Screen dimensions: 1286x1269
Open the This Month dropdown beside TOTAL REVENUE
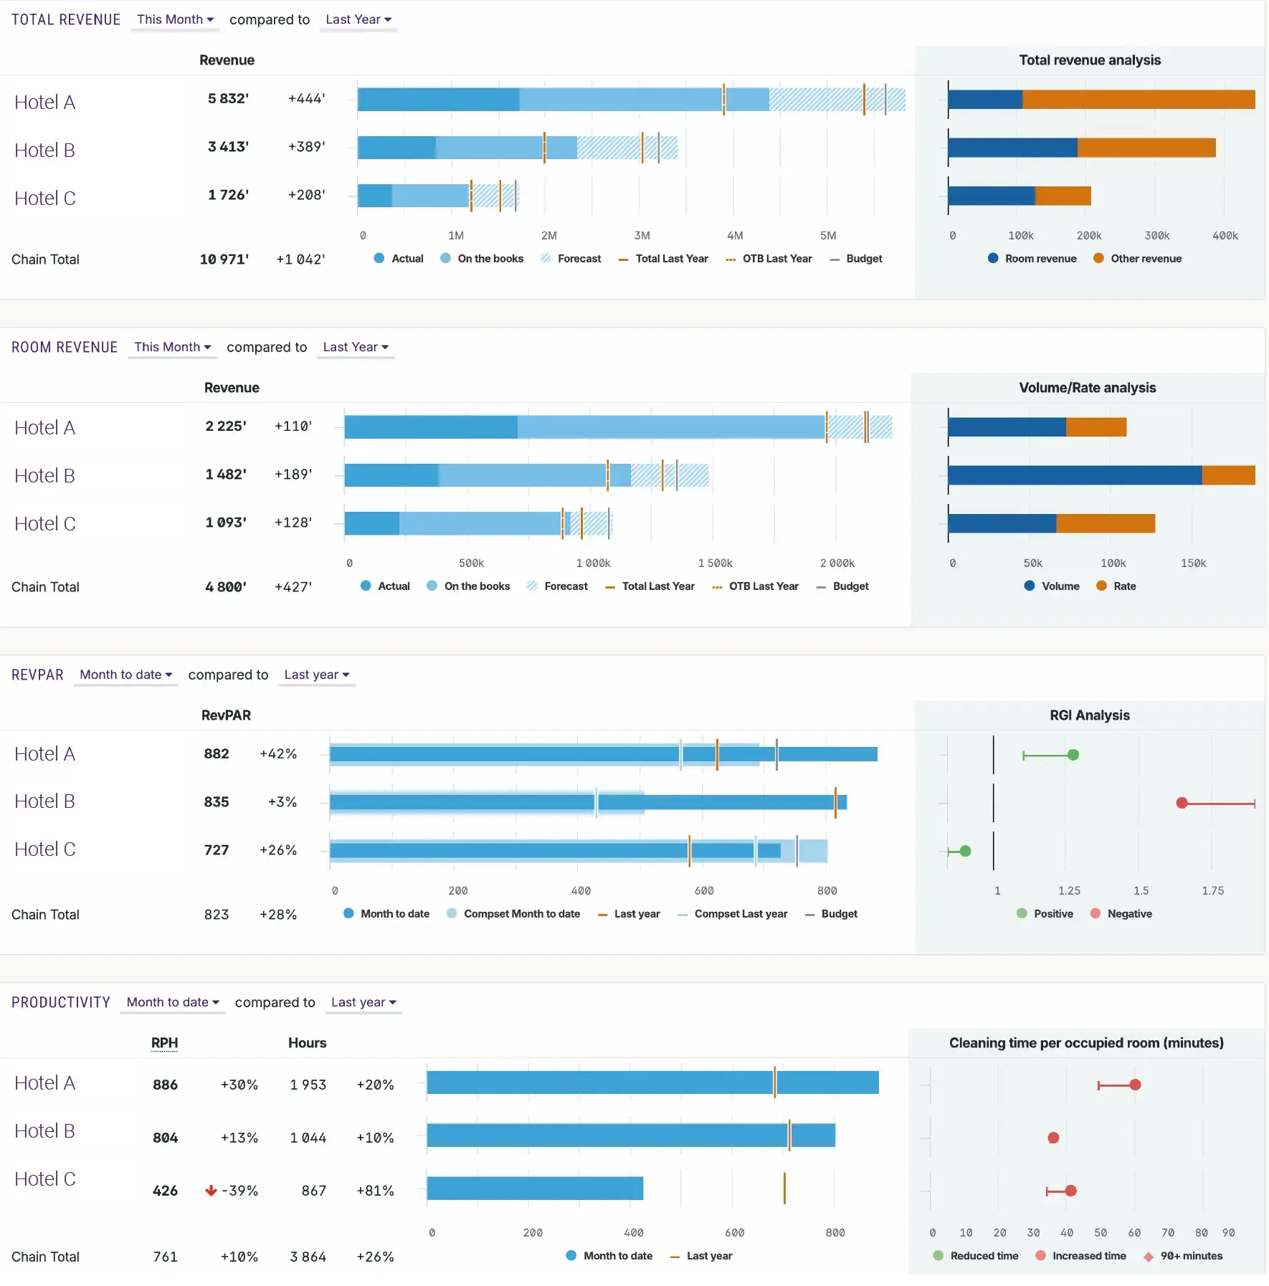[175, 19]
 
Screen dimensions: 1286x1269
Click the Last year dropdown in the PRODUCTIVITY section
[363, 1002]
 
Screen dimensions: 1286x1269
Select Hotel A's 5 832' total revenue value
[228, 98]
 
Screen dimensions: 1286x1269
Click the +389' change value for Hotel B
[306, 146]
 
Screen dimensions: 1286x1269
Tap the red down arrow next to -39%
[211, 1191]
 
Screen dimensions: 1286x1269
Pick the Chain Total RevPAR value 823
[216, 915]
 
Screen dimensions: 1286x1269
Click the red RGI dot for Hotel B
[1182, 803]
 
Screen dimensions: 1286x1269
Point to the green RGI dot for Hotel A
[1073, 755]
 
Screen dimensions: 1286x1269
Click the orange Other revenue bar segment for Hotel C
[1063, 196]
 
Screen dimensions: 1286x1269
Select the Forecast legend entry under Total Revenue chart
[571, 259]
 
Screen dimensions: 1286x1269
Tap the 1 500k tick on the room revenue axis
[715, 563]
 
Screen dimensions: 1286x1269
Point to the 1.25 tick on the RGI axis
[1069, 891]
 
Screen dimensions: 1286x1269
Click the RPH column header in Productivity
[164, 1043]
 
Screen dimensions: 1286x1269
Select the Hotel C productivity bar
[534, 1189]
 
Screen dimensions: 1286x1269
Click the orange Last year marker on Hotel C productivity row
[784, 1189]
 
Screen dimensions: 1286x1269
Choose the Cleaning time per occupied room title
[1085, 1043]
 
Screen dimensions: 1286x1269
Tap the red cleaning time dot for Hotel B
[1052, 1138]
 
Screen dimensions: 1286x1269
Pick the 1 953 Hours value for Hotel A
[308, 1085]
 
